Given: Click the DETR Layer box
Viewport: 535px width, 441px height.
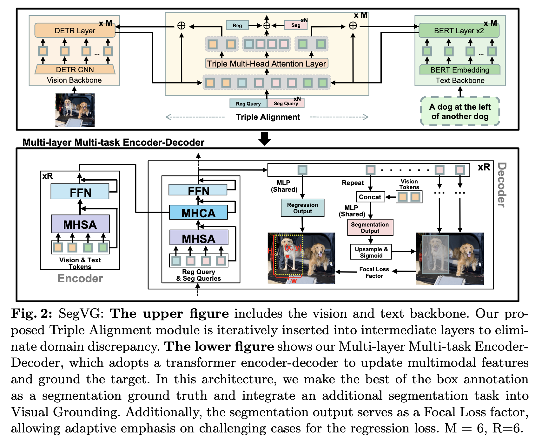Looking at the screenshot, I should (75, 30).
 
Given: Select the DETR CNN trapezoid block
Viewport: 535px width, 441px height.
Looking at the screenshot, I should (75, 69).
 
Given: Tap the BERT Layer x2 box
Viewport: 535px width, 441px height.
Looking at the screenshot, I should (459, 30).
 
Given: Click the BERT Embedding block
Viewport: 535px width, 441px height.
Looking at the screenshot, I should (460, 70).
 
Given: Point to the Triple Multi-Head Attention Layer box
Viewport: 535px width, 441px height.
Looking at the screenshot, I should (267, 63).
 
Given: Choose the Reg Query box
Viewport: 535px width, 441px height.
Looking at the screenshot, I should (248, 104).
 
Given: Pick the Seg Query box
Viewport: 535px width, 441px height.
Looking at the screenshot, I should (286, 103).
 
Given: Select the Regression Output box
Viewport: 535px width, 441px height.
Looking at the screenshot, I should (302, 208).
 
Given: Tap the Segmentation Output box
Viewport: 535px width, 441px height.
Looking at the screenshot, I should (370, 227).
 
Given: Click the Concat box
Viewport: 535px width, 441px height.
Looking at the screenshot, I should (370, 197).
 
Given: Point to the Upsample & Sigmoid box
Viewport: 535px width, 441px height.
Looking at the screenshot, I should (371, 252).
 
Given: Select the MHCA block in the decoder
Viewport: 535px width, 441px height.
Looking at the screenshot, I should (198, 213).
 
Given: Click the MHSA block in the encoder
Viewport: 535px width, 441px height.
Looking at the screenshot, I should (80, 224).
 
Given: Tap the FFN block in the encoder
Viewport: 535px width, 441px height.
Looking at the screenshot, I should (80, 192).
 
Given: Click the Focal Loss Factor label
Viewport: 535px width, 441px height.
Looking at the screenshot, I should (374, 272).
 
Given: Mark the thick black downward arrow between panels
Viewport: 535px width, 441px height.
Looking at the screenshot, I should (264, 138).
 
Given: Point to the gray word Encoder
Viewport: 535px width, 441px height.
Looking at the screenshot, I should (80, 278).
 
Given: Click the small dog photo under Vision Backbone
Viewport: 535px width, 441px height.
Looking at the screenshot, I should (75, 110).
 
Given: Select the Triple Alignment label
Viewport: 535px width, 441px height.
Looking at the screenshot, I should (268, 117).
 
